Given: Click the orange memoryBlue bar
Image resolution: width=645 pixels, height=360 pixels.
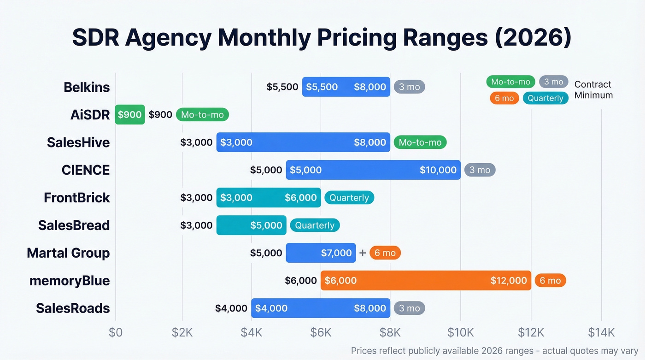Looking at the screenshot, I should coord(425,280).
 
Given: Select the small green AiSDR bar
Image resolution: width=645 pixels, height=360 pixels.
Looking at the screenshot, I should coord(129,114).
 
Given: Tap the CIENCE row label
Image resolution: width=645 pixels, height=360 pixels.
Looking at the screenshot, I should coord(86,170).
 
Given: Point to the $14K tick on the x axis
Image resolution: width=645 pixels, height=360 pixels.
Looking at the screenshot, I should coord(601,332).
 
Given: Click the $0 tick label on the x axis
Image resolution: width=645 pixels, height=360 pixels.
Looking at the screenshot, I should coord(115,332).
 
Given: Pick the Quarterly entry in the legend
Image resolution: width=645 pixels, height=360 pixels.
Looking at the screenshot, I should coord(545,98).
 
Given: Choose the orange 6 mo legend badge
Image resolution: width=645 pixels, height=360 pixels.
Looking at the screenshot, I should coord(504,98).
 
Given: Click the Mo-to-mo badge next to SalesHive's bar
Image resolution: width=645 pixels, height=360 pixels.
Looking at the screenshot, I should coord(420,142).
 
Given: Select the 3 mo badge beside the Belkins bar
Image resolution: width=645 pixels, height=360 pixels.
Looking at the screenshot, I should coord(409,87).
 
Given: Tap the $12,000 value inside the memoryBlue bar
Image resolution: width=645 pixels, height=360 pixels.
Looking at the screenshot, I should coord(509,280).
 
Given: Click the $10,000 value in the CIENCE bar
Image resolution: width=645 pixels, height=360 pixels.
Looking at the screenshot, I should coord(438,170).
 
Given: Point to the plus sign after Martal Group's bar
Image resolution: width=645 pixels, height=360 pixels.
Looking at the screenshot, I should coord(363,253).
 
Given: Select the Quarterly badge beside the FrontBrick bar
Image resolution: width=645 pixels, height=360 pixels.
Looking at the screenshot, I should coord(349,197).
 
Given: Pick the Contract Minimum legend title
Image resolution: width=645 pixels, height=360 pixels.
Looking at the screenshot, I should coord(593,90).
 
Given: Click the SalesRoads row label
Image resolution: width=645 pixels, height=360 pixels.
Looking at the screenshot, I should coord(73,308).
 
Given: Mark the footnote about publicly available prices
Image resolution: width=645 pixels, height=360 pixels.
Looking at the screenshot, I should coord(494,350).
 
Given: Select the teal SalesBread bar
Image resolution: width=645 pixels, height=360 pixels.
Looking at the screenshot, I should coord(251,225).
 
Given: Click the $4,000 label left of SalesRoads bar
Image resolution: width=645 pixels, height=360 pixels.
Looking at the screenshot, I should coord(231,308).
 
